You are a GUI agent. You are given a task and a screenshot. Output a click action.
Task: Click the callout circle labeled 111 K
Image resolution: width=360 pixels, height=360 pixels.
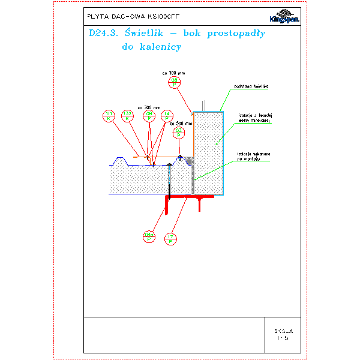click(109, 116)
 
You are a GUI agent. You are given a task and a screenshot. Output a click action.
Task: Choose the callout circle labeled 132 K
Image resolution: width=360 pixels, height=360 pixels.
click(127, 116)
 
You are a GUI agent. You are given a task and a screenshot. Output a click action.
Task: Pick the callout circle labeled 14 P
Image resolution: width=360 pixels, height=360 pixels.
click(167, 116)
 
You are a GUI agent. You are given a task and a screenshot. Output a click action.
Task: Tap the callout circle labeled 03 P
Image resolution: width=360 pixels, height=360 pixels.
click(179, 133)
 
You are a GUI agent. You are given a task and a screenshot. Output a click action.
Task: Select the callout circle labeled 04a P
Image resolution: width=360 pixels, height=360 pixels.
click(149, 236)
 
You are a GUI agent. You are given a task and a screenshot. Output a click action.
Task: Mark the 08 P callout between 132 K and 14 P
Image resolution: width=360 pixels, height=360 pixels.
click(148, 116)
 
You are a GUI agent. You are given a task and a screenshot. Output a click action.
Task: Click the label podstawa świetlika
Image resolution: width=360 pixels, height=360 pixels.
click(250, 86)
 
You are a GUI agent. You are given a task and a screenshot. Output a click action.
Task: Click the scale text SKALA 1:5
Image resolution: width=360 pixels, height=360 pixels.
click(283, 334)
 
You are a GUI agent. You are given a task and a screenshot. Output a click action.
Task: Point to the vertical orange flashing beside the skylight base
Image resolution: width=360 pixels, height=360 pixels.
click(193, 135)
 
